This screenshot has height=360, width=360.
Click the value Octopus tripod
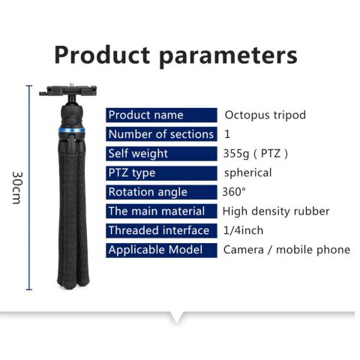click(265, 115)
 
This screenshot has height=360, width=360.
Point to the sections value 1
click(227, 134)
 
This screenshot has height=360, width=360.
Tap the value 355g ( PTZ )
click(256, 154)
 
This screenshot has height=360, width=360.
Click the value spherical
click(247, 172)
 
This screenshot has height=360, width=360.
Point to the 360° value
click(234, 192)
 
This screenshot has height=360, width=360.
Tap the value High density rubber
click(276, 211)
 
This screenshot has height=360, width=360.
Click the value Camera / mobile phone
click(286, 250)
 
